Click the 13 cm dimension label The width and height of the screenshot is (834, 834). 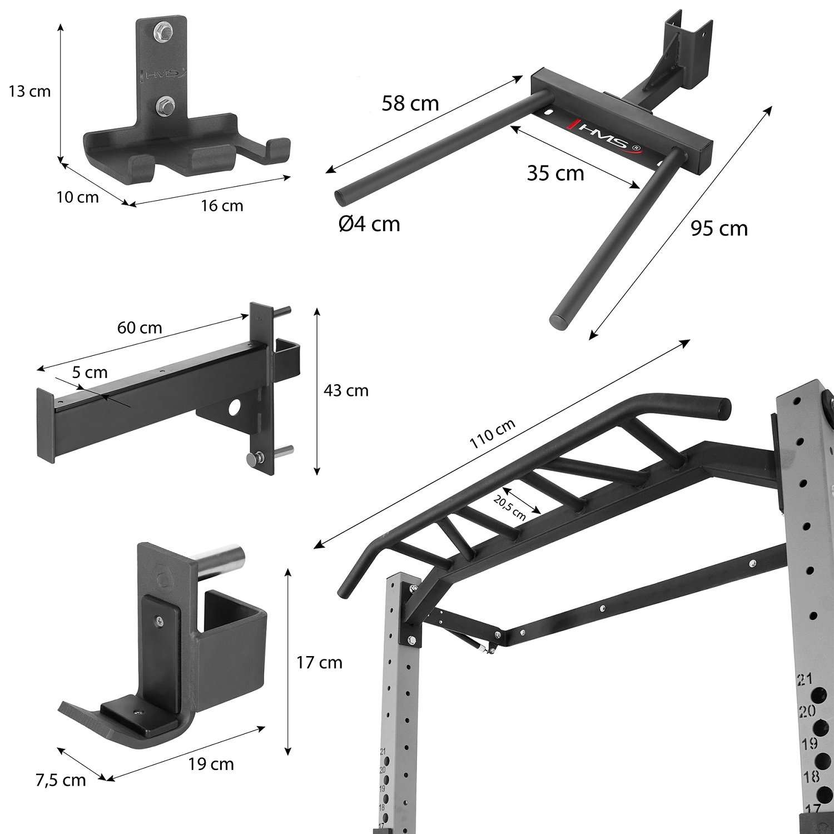click(x=29, y=91)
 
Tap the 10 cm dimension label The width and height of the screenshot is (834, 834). click(x=77, y=197)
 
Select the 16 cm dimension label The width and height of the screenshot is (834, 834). click(x=222, y=206)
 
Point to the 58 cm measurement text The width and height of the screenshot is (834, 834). click(x=410, y=103)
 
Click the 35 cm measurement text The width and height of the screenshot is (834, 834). click(x=555, y=173)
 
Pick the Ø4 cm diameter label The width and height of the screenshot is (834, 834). click(x=369, y=224)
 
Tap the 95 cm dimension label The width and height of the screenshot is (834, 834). click(x=719, y=228)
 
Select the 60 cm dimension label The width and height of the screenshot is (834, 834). click(x=140, y=328)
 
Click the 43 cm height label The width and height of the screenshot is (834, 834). click(x=346, y=391)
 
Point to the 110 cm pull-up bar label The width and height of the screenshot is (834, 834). click(x=492, y=434)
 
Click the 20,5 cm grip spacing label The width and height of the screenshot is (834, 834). click(x=509, y=507)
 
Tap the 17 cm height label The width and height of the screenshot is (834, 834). click(x=319, y=663)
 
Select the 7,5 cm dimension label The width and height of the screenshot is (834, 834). click(x=61, y=780)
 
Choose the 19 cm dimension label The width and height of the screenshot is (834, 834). click(x=211, y=764)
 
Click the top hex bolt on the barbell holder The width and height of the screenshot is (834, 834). click(x=163, y=31)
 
